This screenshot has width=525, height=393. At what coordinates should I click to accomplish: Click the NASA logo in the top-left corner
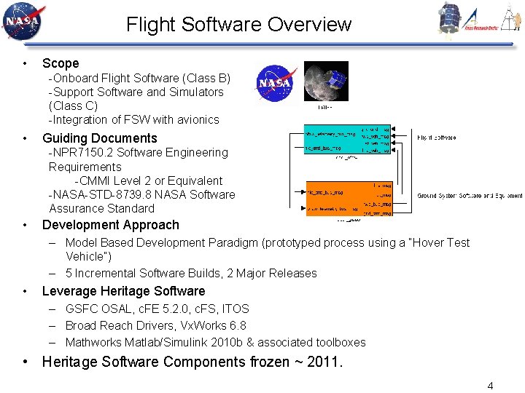coord(23,22)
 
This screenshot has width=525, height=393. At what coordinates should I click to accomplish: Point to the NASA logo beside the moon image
coord(276,83)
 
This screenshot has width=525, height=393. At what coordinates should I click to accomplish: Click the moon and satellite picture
coord(325,81)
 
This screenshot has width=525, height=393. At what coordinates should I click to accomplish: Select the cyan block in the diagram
coord(347,138)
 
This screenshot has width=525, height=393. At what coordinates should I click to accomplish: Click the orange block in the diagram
coord(349,199)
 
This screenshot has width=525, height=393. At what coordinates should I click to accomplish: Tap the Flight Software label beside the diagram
coord(437,137)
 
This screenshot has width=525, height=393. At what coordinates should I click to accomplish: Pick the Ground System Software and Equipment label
coord(469,196)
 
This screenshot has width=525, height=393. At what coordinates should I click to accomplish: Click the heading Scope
coord(61,63)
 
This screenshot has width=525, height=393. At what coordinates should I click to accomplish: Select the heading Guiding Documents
coord(100,138)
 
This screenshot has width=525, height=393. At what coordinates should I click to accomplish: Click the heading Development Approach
coord(110,225)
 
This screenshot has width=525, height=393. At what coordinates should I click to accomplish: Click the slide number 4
coord(490,386)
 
